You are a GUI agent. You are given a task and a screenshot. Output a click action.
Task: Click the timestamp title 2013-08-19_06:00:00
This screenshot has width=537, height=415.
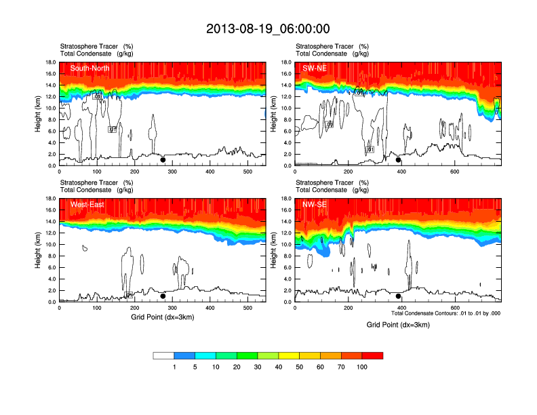click(268, 28)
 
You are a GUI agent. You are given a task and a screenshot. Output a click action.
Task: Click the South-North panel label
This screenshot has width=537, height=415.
click(90, 68)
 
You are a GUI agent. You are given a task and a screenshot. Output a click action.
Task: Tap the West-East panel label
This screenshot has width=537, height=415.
click(86, 204)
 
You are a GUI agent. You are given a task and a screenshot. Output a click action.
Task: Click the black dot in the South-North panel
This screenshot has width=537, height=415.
click(163, 160)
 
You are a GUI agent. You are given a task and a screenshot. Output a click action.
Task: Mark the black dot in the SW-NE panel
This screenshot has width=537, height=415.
click(398, 160)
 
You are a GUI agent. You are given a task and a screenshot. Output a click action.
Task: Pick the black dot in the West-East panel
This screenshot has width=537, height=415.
click(163, 296)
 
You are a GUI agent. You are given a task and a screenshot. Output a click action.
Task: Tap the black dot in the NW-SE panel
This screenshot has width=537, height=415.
click(398, 296)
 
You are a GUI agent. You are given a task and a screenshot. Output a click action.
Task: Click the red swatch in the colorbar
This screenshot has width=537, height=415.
click(372, 355)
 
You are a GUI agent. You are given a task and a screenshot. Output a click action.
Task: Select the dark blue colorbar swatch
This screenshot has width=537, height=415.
click(184, 355)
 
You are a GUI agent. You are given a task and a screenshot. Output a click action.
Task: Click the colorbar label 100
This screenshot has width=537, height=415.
click(362, 367)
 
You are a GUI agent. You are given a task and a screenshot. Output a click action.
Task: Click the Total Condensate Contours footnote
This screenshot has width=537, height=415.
click(445, 313)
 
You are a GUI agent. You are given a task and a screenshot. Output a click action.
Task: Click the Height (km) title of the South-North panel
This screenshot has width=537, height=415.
click(39, 114)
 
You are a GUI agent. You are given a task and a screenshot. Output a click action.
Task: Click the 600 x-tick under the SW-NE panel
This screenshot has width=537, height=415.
click(454, 172)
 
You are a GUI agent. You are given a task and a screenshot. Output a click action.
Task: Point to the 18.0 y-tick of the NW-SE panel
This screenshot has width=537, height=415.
click(286, 199)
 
